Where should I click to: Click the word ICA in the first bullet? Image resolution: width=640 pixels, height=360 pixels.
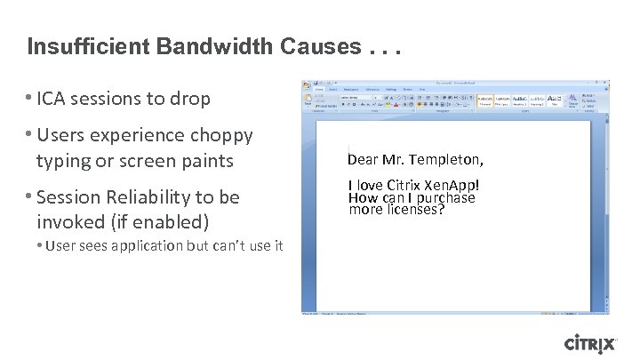point(53,99)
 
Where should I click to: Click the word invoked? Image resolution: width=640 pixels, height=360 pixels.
point(68,221)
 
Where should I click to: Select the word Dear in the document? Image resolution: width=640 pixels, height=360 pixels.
point(363,161)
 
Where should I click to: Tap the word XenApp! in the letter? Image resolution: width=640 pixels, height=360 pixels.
point(450,186)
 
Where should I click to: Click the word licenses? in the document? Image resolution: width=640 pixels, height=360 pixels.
point(412,210)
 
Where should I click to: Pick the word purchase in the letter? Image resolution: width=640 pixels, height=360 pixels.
point(444,197)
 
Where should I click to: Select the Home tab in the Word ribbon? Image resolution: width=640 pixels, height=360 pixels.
point(318,89)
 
